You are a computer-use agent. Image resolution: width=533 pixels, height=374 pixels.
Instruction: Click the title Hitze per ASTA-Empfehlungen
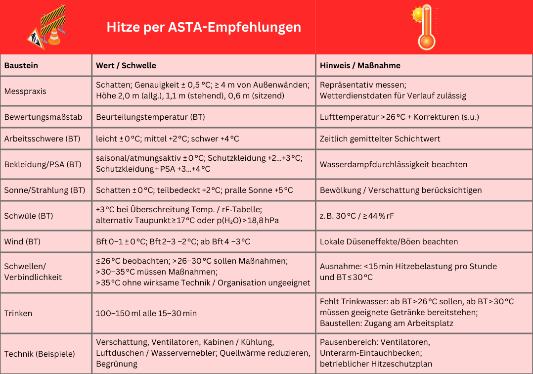pyautogui.click(x=204, y=27)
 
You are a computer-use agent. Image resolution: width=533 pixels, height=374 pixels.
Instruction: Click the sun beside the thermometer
pyautogui.click(x=419, y=14)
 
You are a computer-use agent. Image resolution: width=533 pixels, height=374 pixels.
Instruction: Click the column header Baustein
pyautogui.click(x=21, y=65)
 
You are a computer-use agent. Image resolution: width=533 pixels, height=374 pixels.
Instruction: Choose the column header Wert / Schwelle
pyautogui.click(x=126, y=65)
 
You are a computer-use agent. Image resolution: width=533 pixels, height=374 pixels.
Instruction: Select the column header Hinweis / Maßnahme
pyautogui.click(x=360, y=65)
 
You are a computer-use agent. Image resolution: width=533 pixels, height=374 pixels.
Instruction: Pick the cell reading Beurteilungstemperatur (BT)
pyautogui.click(x=150, y=117)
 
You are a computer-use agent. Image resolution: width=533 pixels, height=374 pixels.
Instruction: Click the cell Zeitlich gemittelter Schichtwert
pyautogui.click(x=380, y=139)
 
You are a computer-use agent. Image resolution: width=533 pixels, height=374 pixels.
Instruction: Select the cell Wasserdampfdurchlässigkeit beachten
pyautogui.click(x=394, y=164)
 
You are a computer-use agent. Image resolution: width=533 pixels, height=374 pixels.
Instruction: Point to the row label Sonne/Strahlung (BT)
pyautogui.click(x=44, y=190)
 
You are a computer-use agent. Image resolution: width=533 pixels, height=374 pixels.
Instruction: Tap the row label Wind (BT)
pyautogui.click(x=22, y=241)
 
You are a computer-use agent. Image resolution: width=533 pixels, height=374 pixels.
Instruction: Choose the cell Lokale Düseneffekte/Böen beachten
pyautogui.click(x=389, y=241)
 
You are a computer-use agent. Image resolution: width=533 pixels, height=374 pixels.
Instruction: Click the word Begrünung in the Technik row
pyautogui.click(x=116, y=364)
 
